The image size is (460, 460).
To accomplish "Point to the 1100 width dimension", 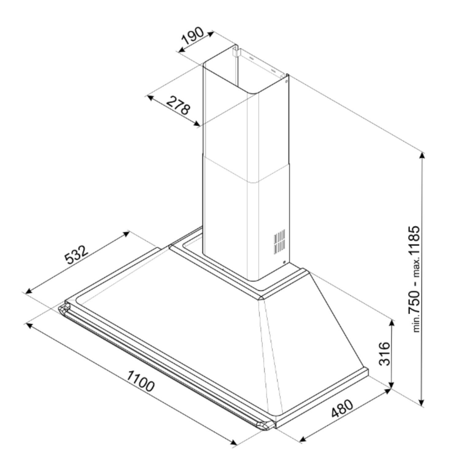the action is click(140, 381).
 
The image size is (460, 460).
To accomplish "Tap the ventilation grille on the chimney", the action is click(279, 241).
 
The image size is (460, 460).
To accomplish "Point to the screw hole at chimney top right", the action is click(286, 82).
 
